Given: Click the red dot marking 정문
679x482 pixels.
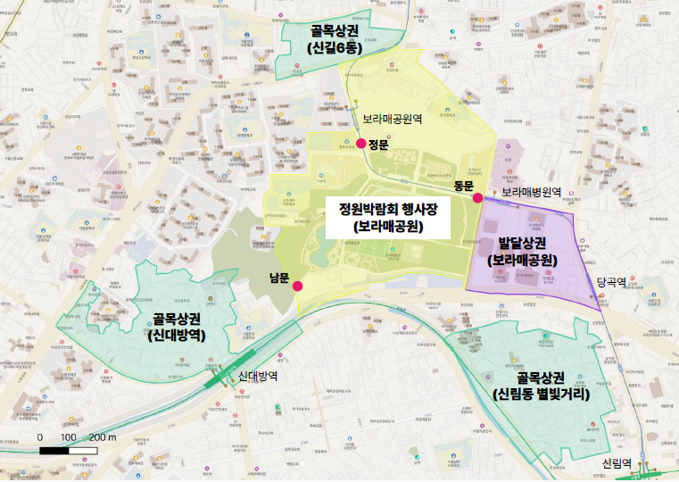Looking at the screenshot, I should click(360, 144).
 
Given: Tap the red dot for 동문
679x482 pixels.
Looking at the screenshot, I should click(478, 198).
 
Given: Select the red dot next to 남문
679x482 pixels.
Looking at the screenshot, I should click(297, 286).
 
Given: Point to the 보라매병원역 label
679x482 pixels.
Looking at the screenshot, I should click(530, 192).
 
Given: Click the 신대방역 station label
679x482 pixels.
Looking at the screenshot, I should click(258, 377).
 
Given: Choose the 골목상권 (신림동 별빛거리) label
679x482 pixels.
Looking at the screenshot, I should click(541, 384).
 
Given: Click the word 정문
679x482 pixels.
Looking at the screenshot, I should click(379, 145).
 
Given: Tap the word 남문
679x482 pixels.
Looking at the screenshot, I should click(279, 278).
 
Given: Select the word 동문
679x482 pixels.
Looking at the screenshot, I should click(462, 186).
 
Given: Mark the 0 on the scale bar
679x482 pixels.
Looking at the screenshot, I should click(40, 437).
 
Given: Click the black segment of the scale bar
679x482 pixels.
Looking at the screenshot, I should click(56, 450).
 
